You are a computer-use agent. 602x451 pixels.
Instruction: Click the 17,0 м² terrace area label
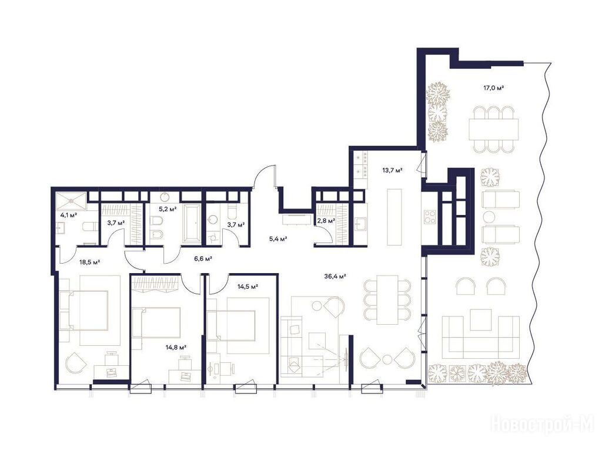[x=493, y=88]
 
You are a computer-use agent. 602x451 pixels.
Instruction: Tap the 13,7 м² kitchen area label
[x=392, y=170]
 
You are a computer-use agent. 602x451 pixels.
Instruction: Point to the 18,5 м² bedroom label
[x=89, y=262]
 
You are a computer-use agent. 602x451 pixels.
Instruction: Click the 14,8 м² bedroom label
[x=176, y=348]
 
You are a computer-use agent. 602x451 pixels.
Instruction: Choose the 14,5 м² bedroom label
[x=248, y=286]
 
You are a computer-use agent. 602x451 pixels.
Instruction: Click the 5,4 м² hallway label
[x=278, y=239]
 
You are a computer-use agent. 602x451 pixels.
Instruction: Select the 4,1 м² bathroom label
[x=68, y=215]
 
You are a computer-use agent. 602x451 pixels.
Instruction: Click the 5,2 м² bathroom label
[x=168, y=209]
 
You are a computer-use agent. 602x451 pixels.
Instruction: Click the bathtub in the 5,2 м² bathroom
[x=192, y=223]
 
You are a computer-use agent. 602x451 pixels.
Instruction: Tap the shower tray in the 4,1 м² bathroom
[x=71, y=201]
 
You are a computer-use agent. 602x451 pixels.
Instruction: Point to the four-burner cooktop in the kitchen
[x=430, y=217]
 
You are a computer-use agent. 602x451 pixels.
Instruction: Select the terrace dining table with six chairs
[x=494, y=130]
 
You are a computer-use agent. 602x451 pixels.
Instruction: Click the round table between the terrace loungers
[x=489, y=216]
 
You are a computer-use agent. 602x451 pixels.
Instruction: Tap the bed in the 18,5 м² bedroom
[x=85, y=310]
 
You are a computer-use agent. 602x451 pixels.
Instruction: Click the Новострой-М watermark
[x=542, y=426]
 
